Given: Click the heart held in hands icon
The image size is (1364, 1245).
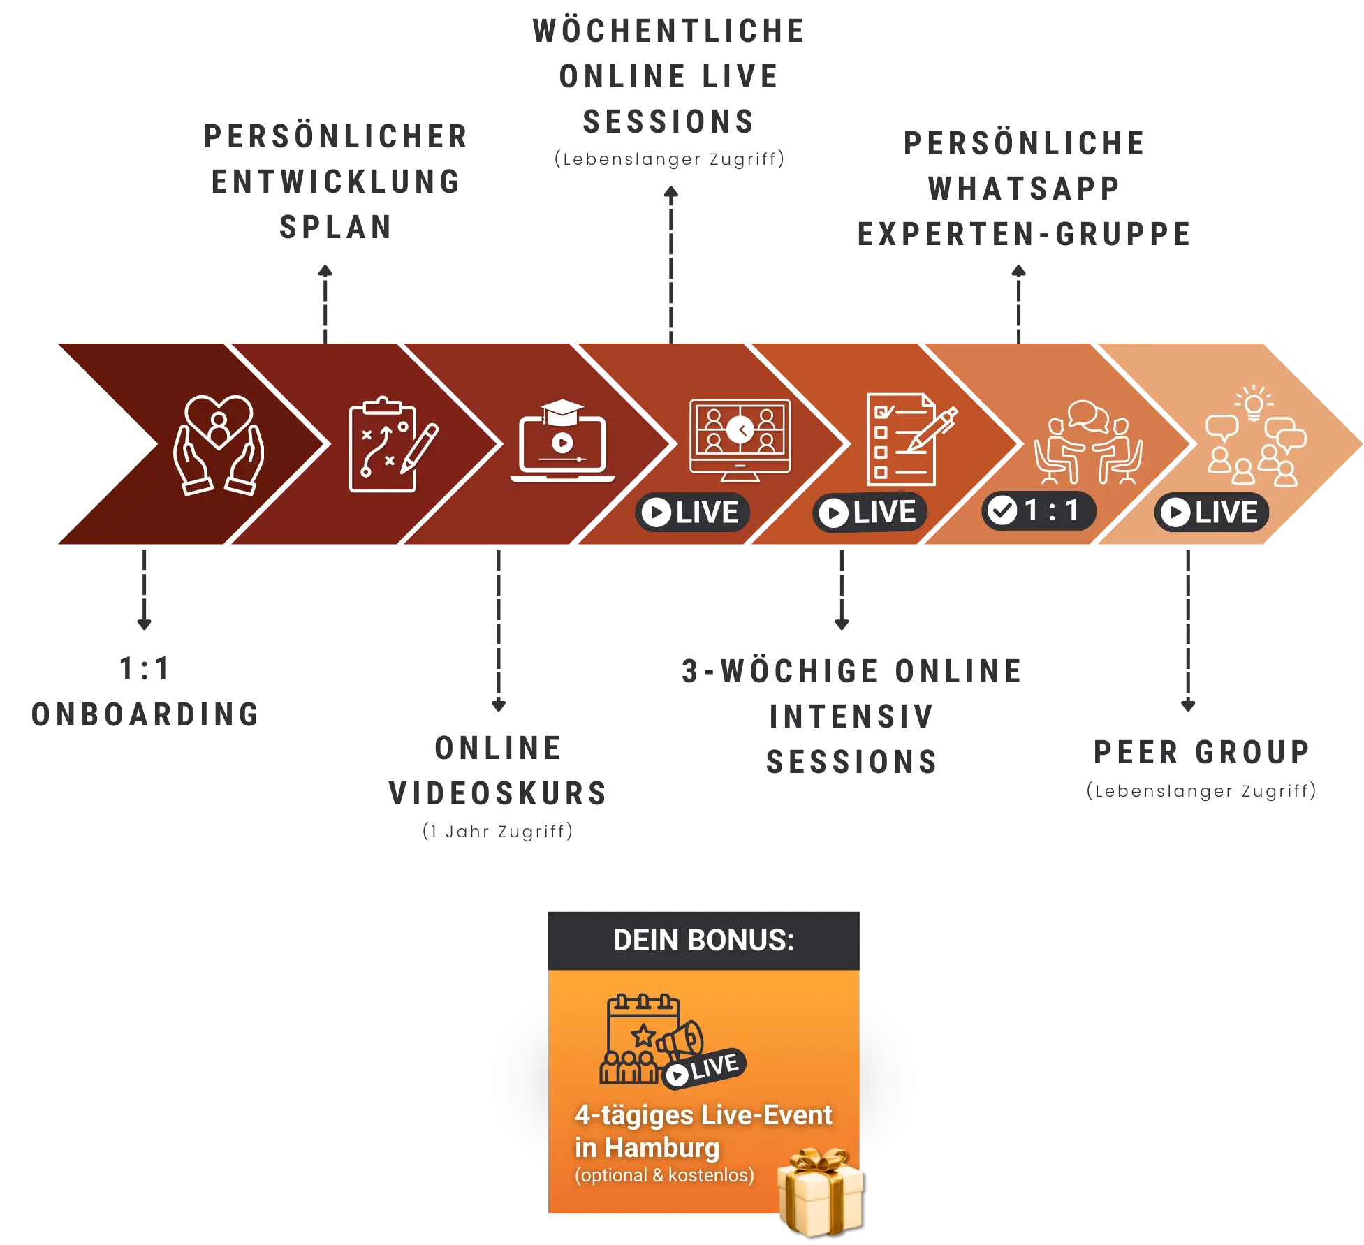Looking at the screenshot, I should pos(219,445).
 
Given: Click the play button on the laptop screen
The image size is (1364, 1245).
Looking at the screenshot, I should pos(562,443).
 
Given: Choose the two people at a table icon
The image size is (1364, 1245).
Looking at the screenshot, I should pos(1087,442).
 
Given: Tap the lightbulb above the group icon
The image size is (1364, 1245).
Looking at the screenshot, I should pos(1254,403).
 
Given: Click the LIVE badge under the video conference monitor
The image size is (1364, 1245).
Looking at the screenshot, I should pos(692,513).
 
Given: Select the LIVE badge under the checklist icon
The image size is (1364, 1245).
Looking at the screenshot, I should pos(870,513).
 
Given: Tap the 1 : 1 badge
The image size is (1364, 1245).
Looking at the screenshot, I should pos(1039,511).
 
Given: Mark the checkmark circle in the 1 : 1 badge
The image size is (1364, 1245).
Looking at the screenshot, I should pos(1003,511).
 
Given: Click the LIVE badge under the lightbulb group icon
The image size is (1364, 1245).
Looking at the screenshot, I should pos(1211,513).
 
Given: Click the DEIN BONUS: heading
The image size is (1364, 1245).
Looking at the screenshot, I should pos(703,941).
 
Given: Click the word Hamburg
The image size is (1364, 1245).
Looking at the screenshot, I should pos(662,1147).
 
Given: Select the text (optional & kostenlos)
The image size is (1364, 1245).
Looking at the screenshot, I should pos(664,1175).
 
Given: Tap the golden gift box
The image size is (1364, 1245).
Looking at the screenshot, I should pos(821,1191).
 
